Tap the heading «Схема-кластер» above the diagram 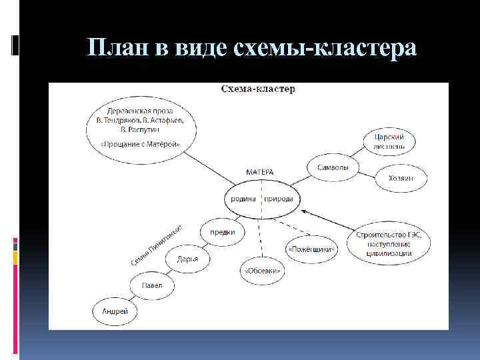click(258, 88)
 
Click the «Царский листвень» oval click(392, 141)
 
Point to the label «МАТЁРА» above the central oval click(260, 172)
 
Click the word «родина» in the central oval click(242, 199)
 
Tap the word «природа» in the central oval click(279, 199)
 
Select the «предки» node click(222, 232)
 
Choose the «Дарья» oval click(188, 259)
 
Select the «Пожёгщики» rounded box click(312, 249)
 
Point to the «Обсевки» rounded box click(263, 270)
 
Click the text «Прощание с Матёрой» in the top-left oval click(141, 145)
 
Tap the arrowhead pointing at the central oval click(305, 211)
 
